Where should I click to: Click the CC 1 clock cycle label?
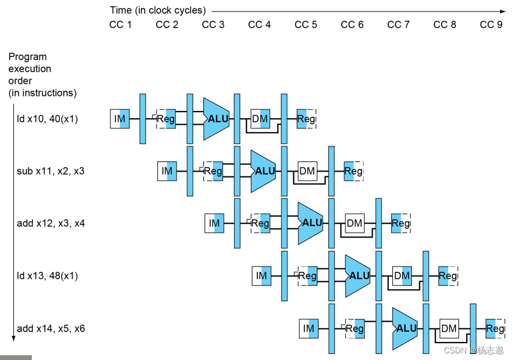point(120,25)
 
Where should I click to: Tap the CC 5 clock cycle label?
point(306,25)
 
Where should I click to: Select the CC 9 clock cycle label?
point(491,25)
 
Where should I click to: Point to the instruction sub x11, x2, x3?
point(50,171)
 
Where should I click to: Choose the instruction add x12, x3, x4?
point(51,223)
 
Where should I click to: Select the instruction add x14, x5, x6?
point(51,328)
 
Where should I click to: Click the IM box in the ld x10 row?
point(120,119)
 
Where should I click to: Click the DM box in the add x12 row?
point(355,223)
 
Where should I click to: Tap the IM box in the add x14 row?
point(309,328)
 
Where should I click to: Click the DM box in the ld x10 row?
point(260,119)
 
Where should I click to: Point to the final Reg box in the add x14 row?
point(495,328)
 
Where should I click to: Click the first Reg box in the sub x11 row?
point(213,171)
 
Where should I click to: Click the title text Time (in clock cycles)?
point(157,10)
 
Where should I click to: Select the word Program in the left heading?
point(27,57)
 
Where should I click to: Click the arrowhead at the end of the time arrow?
point(503,11)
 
